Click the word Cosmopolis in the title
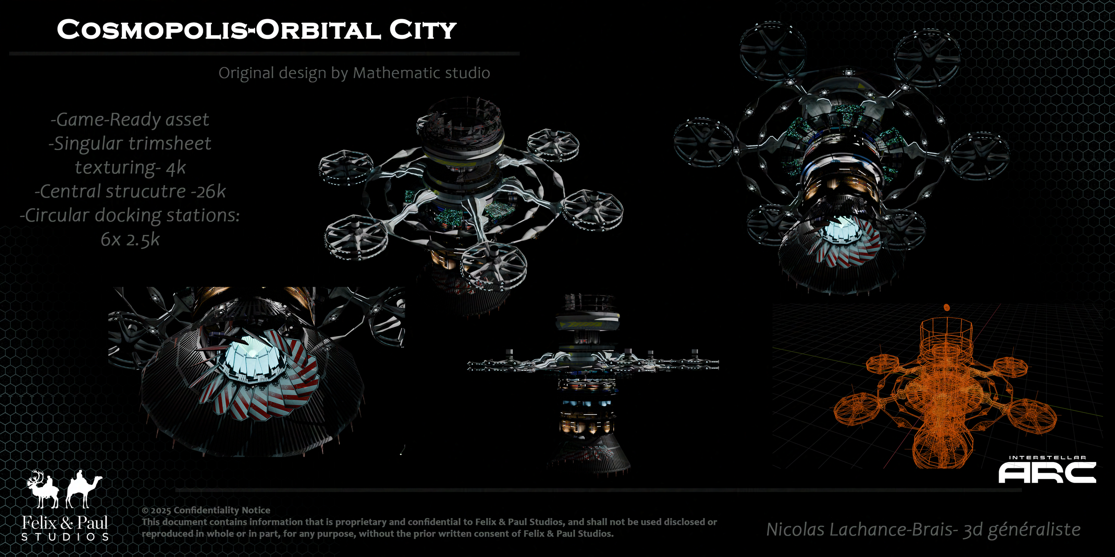pyautogui.click(x=152, y=30)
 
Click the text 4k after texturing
pyautogui.click(x=176, y=168)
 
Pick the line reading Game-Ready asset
pyautogui.click(x=130, y=119)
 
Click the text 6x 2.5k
pyautogui.click(x=130, y=240)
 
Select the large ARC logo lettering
pyautogui.click(x=1047, y=473)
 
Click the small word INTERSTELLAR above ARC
pyautogui.click(x=1047, y=457)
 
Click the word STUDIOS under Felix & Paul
pyautogui.click(x=65, y=537)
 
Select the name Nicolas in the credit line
pyautogui.click(x=795, y=530)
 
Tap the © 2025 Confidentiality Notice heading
pyautogui.click(x=206, y=510)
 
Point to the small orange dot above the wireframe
pyautogui.click(x=947, y=307)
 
